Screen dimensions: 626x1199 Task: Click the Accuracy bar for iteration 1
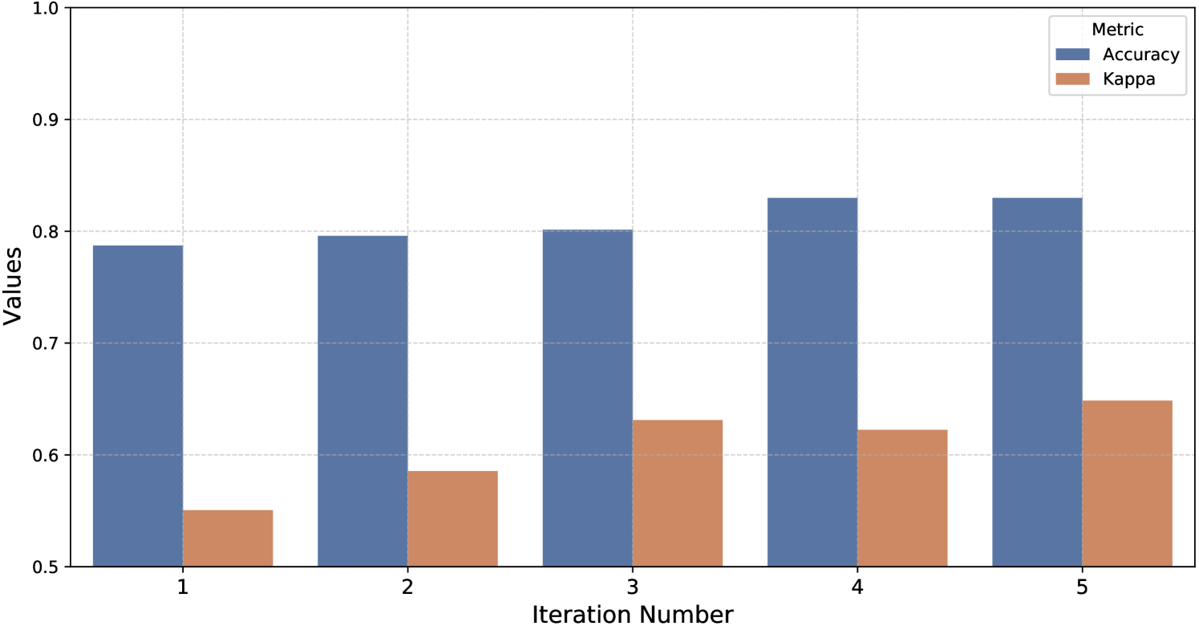(138, 406)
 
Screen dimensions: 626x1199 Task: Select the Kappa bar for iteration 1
(228, 539)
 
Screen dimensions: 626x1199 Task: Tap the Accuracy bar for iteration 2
(363, 401)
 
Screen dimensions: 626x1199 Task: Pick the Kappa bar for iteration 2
(452, 519)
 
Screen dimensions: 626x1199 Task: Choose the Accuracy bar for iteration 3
(588, 398)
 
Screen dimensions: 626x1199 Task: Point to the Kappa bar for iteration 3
(678, 494)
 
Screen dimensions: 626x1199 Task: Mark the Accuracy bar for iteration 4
(812, 382)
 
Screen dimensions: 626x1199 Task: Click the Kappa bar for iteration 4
(902, 498)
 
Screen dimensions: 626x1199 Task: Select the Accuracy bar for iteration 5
(1037, 382)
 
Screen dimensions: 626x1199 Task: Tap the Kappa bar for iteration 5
(1127, 484)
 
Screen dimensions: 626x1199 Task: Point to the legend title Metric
(1117, 30)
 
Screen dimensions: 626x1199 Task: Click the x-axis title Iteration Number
(633, 614)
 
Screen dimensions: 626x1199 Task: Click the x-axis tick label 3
(633, 587)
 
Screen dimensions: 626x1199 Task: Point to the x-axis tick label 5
(1082, 587)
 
